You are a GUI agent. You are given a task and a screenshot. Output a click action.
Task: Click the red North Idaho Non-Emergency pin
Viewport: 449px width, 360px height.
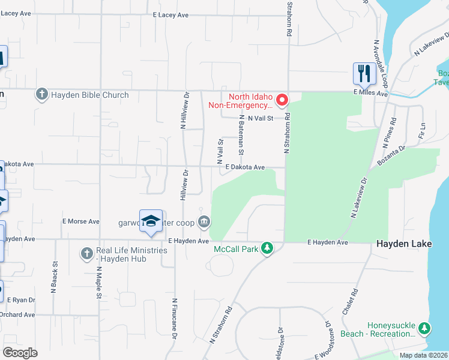pos(282,99)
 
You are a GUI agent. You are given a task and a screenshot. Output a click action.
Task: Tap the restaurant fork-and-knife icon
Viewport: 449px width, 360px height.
pos(363,74)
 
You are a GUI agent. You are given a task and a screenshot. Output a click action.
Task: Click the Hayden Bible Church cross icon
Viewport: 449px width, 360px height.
pos(41,94)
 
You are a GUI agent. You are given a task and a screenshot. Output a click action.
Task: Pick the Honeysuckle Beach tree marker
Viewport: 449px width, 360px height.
pos(424,328)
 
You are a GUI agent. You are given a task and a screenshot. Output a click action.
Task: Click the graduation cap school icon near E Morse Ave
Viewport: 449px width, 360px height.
pos(151,221)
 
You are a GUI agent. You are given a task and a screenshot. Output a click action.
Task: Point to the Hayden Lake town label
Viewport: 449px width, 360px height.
pos(402,243)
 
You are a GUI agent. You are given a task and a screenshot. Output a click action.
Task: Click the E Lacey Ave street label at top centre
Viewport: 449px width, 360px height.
pos(171,14)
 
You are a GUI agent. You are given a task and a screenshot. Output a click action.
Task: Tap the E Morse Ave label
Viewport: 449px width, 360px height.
pos(81,221)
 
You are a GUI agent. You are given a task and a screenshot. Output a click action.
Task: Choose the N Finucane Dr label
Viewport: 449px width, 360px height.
pos(174,320)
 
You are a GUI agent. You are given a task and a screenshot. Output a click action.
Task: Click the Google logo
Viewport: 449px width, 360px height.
pos(20,353)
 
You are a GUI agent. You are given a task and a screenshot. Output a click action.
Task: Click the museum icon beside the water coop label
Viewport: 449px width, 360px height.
pos(204,223)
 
